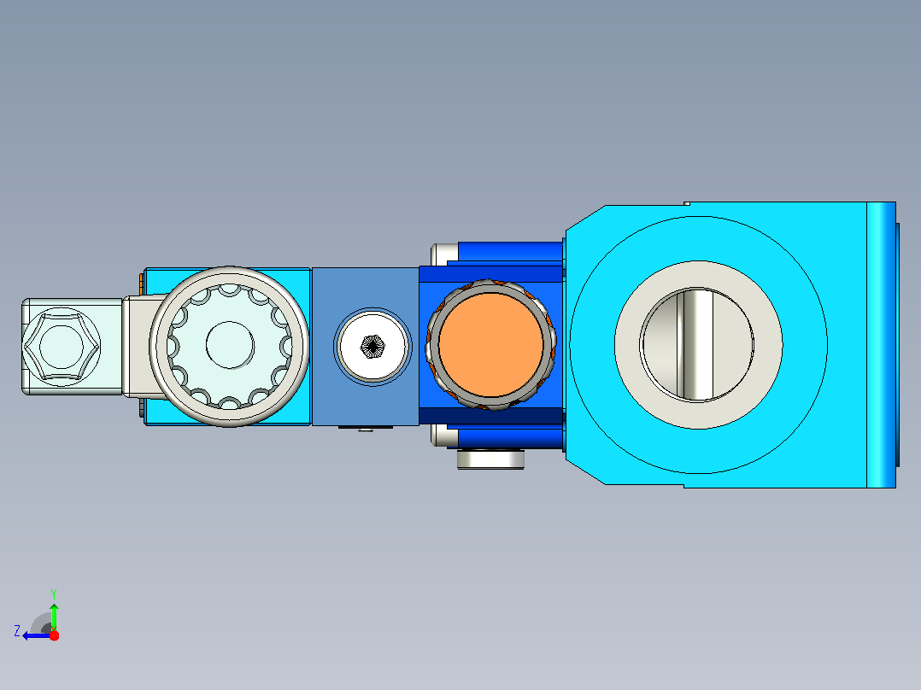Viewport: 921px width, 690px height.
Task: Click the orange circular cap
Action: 490,345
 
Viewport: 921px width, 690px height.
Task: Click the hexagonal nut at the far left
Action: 62,347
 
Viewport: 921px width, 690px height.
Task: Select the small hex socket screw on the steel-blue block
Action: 373,347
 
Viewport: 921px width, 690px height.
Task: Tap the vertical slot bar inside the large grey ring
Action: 695,345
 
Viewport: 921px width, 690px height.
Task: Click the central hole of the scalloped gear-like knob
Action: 230,345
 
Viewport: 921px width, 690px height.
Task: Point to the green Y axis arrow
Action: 54,617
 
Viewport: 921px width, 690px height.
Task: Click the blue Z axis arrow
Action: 37,636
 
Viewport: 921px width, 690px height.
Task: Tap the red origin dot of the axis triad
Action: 54,635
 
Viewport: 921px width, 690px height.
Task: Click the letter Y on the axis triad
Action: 54,594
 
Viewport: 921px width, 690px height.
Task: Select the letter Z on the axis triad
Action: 17,631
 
